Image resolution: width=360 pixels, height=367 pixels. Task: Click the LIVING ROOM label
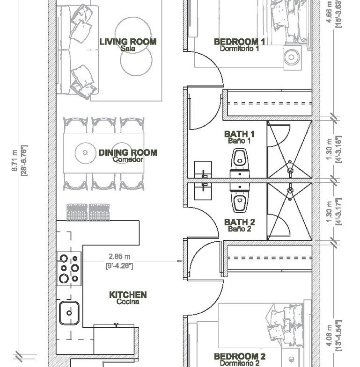tap(128, 42)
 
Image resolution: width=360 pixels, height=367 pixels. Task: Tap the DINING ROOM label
tap(128, 152)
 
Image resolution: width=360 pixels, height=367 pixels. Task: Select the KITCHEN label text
tap(128, 295)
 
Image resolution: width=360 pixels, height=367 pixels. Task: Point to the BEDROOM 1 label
tap(240, 42)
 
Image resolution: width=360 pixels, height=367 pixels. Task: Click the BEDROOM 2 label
tap(240, 356)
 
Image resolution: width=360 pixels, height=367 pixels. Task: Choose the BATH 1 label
tap(239, 134)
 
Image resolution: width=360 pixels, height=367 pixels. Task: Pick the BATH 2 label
tap(240, 222)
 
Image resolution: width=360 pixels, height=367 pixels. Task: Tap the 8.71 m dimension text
tap(15, 160)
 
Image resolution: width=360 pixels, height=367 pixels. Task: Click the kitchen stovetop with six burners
tap(69, 268)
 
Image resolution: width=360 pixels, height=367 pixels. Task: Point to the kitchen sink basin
tap(69, 313)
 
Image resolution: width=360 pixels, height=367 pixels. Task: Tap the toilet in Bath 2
tap(240, 198)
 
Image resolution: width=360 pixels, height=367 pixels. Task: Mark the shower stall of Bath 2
tap(290, 212)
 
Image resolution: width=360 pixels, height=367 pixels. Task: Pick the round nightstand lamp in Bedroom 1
tap(291, 57)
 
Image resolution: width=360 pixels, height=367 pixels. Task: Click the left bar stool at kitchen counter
tap(77, 212)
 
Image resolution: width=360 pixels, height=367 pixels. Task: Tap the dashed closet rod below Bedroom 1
tap(270, 103)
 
